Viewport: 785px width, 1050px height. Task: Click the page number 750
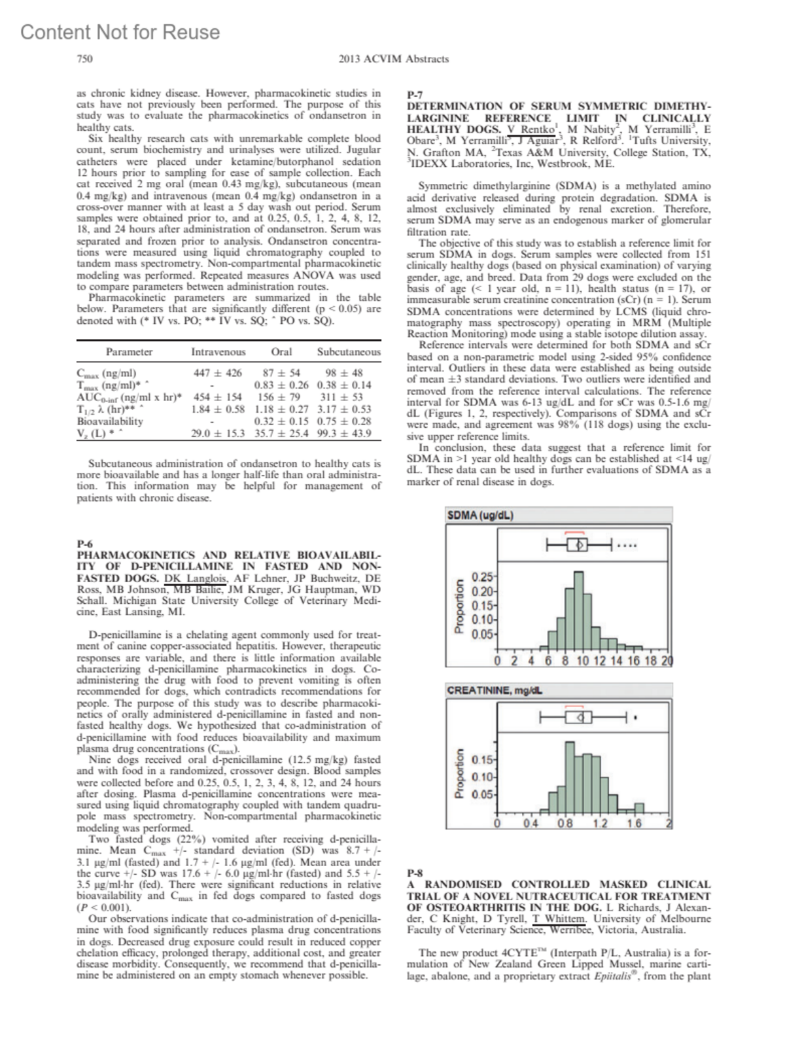[x=84, y=59]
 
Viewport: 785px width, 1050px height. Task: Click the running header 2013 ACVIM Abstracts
[x=393, y=59]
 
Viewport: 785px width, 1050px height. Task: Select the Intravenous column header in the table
[x=218, y=352]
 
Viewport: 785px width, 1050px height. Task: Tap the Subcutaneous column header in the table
[x=349, y=352]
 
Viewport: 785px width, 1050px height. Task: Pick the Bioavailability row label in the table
[x=110, y=421]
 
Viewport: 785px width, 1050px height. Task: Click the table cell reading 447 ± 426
[x=218, y=373]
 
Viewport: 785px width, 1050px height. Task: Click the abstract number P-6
[x=85, y=544]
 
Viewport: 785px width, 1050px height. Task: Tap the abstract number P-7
[x=415, y=95]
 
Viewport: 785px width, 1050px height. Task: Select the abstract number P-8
[x=415, y=873]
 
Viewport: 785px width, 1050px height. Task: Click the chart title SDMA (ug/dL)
[x=480, y=516]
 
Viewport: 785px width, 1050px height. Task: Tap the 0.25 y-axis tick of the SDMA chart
[x=481, y=577]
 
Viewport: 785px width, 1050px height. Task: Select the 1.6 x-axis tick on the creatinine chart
[x=634, y=824]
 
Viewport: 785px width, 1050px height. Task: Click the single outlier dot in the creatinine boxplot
[x=635, y=718]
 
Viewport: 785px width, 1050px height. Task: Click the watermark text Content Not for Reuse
[x=120, y=32]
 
